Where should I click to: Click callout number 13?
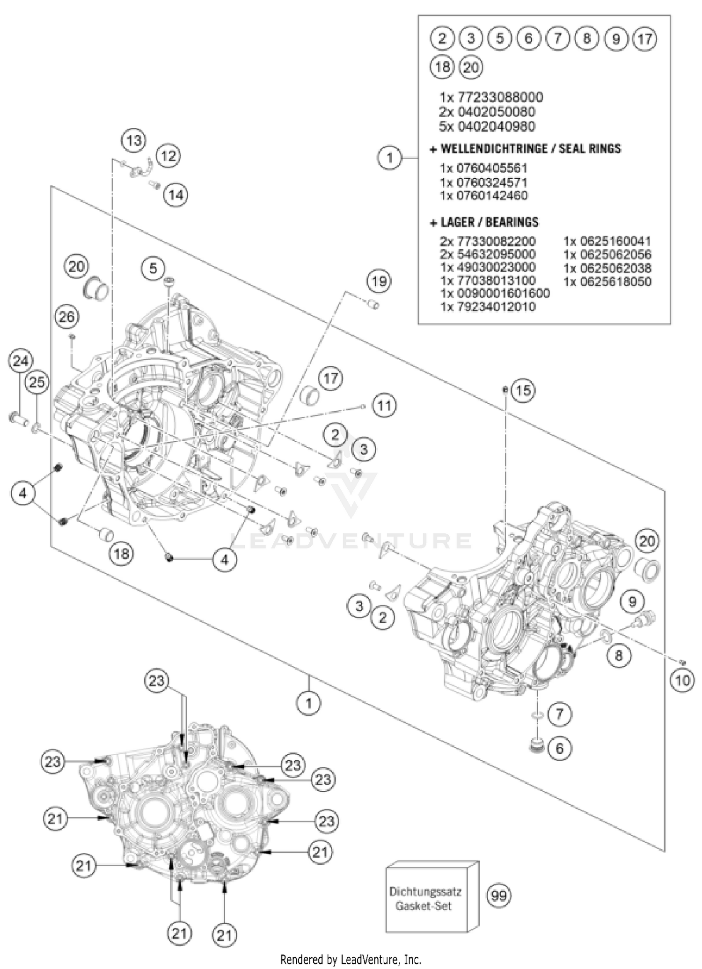133,140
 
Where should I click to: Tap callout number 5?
154,268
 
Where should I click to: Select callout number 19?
379,281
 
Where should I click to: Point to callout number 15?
523,390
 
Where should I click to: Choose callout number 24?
21,361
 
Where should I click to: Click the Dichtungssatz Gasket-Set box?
426,898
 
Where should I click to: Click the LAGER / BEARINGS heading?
484,222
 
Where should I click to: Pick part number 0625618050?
607,281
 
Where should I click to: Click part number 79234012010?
488,306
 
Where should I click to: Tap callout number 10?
682,680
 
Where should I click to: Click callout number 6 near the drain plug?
560,748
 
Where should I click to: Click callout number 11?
384,405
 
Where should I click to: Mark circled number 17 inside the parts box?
645,38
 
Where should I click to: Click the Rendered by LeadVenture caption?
351,960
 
